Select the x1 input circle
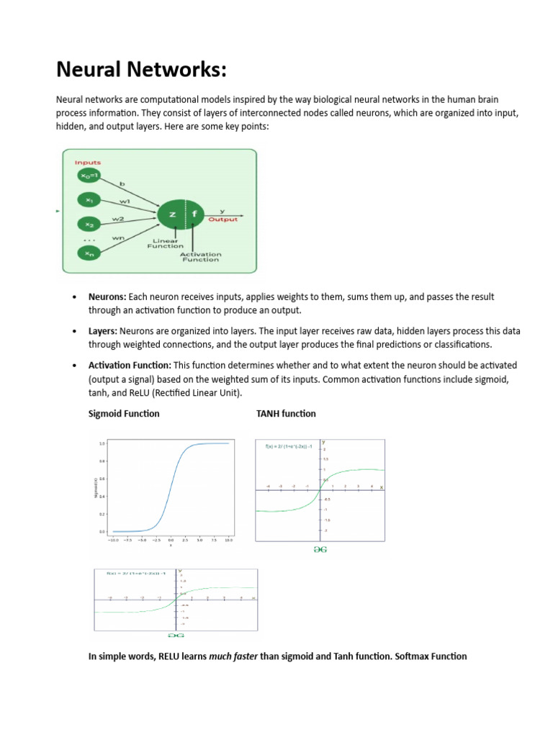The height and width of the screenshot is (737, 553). (x=88, y=201)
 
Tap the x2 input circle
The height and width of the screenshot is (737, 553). (x=88, y=225)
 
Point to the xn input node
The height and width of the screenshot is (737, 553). (x=88, y=253)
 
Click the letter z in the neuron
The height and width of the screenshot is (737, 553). (x=172, y=214)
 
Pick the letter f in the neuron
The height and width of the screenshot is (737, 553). (x=194, y=214)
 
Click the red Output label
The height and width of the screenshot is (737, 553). (x=223, y=220)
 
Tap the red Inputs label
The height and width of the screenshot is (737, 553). (x=88, y=163)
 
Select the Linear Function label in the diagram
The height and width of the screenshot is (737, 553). (x=166, y=243)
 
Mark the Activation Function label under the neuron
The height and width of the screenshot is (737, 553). (x=200, y=256)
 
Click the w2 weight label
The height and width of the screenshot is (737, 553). (x=117, y=218)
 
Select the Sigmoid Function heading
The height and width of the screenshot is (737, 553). (x=124, y=414)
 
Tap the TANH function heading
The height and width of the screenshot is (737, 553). (x=286, y=414)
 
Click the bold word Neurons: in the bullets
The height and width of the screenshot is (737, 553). (x=107, y=297)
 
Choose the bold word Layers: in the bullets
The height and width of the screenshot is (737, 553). (x=103, y=331)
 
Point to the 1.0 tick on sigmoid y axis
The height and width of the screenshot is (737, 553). (x=102, y=443)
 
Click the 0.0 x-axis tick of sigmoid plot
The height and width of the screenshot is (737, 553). (x=171, y=538)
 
